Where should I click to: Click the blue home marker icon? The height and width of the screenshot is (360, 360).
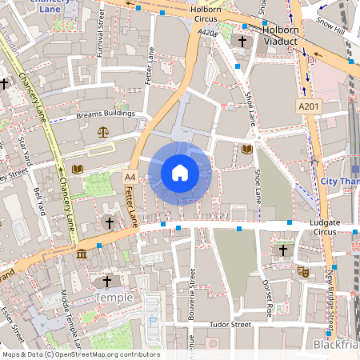click(180, 173)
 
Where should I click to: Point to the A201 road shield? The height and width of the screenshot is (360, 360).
click(308, 106)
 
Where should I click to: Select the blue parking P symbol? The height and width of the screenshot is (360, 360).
click(152, 321)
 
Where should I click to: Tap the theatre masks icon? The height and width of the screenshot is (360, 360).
click(304, 271)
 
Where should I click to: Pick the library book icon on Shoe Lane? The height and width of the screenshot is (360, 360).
click(246, 149)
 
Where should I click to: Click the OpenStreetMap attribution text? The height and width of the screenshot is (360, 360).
click(80, 354)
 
